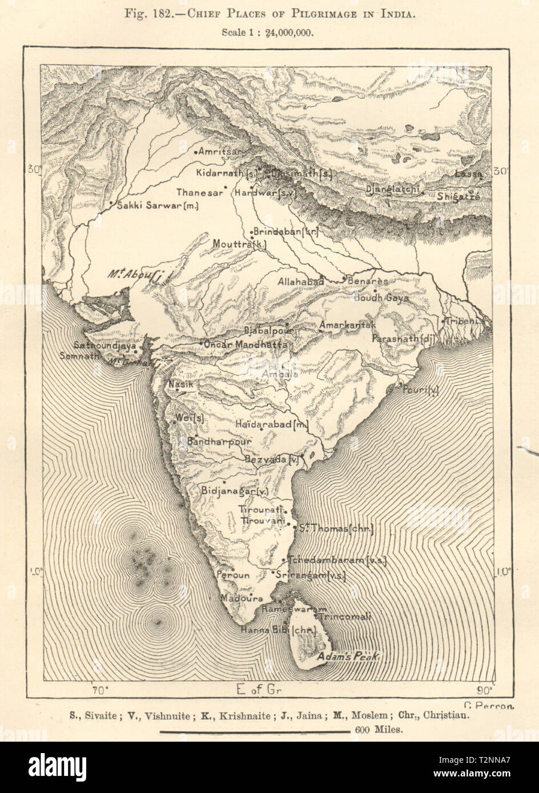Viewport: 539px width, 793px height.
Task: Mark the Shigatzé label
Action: point(458,196)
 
